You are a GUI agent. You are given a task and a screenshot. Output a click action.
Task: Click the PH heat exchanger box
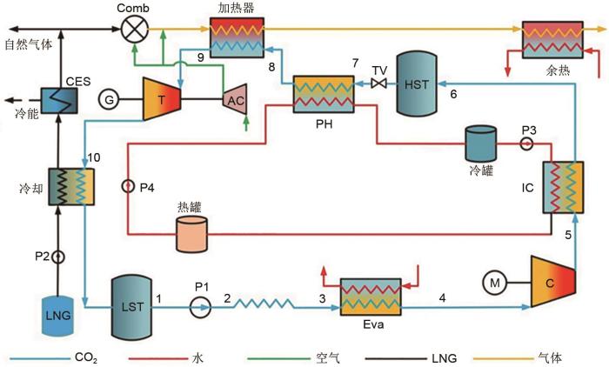(x=323, y=96)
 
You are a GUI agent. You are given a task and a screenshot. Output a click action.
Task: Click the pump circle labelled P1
(x=200, y=306)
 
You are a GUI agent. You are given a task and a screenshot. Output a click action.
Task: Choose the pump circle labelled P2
(x=59, y=257)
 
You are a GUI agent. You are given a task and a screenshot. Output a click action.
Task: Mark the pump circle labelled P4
(x=129, y=185)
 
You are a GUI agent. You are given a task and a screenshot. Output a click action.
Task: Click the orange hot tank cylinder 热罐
(x=191, y=232)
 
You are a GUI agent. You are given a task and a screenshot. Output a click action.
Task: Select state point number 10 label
(x=94, y=157)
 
